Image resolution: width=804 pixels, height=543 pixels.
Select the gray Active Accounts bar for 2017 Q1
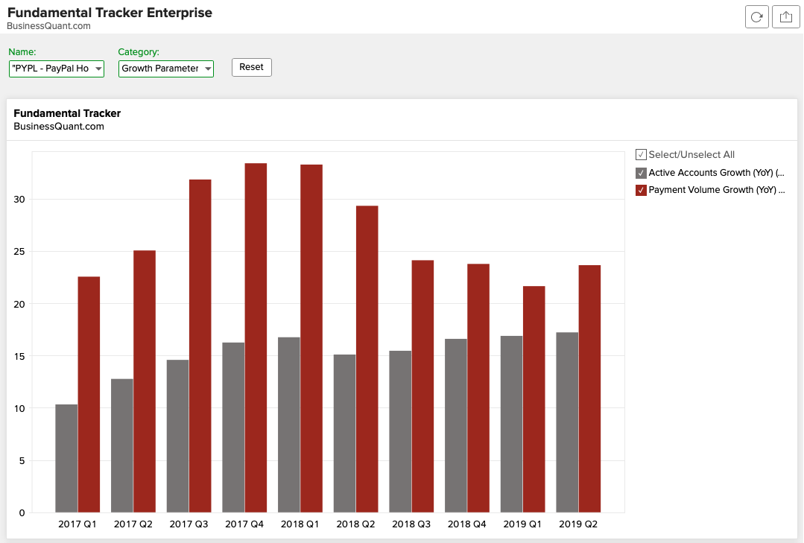66,458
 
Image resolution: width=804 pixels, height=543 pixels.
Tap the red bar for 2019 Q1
534,399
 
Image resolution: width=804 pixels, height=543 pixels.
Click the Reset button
252,67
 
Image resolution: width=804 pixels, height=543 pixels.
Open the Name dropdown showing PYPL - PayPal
57,69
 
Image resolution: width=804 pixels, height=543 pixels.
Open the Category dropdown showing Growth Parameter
166,69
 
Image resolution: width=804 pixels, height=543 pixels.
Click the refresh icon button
757,17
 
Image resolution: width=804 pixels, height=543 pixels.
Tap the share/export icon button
785,17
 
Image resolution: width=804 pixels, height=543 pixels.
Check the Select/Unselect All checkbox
641,155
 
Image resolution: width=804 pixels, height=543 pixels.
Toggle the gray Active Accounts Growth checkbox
641,173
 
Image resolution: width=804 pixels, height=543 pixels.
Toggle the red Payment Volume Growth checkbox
641,190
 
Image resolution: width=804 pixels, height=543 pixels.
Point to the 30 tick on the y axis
19,200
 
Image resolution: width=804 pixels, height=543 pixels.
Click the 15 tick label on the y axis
19,356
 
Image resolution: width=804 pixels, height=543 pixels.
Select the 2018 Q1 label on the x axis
300,524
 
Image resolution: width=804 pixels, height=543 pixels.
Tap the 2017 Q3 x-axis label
189,524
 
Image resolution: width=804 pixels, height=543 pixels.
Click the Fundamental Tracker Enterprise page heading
110,13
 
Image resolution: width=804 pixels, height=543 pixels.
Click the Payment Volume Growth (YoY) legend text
716,190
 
